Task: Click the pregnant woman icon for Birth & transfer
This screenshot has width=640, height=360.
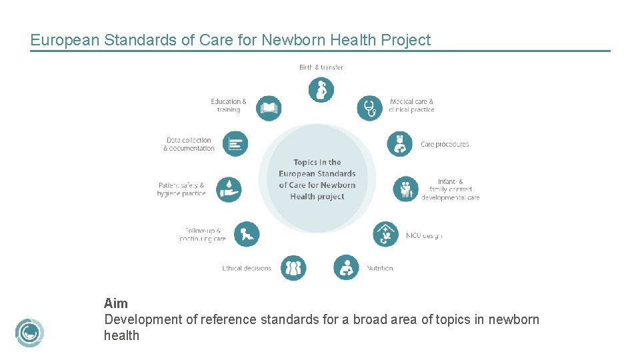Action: (x=321, y=89)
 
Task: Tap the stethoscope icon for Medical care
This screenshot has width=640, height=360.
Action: (x=369, y=108)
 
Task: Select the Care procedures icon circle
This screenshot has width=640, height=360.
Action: (x=400, y=144)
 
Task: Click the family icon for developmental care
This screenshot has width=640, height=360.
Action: (x=405, y=189)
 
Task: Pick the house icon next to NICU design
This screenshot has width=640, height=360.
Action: (x=385, y=235)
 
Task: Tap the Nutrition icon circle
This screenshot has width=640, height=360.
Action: (x=346, y=268)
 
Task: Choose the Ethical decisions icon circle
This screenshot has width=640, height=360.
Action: (x=293, y=268)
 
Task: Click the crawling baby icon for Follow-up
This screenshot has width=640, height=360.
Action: (x=247, y=234)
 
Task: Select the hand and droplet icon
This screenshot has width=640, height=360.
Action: (x=229, y=189)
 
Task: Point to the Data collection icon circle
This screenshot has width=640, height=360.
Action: (x=235, y=144)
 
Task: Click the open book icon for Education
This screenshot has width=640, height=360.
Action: (x=268, y=108)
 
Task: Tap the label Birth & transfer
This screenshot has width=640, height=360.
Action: (x=321, y=67)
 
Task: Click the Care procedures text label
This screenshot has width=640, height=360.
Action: (x=445, y=144)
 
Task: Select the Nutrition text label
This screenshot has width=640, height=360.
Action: (x=380, y=269)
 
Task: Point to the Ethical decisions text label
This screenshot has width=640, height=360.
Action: (x=247, y=269)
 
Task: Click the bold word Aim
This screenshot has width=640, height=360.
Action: (x=116, y=304)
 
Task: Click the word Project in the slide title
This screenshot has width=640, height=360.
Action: (x=405, y=40)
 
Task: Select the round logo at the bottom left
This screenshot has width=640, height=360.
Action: (x=29, y=333)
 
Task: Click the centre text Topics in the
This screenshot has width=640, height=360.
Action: (x=317, y=162)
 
